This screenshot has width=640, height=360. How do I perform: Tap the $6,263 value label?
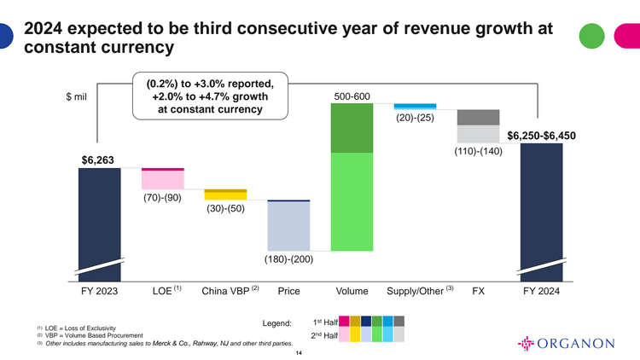coord(97,159)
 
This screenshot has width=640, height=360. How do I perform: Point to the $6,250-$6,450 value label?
coord(541,135)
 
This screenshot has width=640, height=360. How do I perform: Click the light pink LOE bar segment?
coord(162,180)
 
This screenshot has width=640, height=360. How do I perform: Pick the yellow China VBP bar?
coord(225,195)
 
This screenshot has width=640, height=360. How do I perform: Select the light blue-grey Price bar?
coord(288,227)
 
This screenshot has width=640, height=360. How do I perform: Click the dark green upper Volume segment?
coord(352,128)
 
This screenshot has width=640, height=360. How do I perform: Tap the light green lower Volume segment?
coord(352,201)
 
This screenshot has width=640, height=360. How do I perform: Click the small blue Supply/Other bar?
coord(415,106)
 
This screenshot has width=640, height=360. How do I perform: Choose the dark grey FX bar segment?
coord(478,117)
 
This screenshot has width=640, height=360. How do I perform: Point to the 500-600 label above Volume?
coord(351,96)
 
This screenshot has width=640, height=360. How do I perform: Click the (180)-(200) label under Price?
coord(288,258)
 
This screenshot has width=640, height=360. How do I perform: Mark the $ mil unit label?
coord(77,96)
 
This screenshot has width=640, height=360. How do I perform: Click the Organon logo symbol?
coord(529,344)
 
